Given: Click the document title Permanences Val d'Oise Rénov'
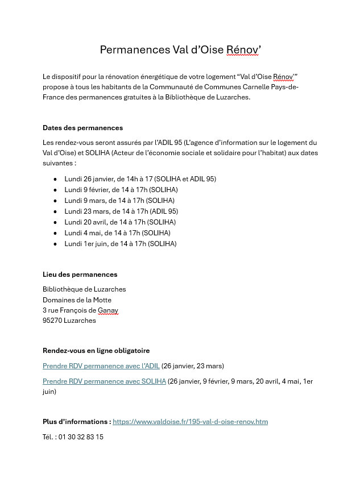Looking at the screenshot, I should [180, 50].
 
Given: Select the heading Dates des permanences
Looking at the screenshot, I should [82, 128].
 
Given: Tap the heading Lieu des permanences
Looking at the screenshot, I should [80, 275].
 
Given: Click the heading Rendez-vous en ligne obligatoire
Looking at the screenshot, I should [96, 351].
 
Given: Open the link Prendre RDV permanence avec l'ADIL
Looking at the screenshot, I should [101, 366].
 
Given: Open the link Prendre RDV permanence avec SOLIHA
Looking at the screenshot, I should [104, 381].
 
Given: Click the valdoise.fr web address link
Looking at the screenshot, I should [190, 422].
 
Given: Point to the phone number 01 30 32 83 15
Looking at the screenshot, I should [81, 437].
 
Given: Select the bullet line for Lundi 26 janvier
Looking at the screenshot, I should [140, 179].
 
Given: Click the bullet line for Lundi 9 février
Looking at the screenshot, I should [121, 190].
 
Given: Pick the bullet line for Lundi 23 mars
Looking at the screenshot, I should [121, 211].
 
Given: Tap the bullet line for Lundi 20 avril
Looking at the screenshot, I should [120, 222].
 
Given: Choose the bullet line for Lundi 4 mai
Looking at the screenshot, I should [117, 233].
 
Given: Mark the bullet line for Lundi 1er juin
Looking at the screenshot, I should [120, 244].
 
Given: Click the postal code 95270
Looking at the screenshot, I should [52, 321].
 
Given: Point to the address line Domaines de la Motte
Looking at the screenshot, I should [77, 300].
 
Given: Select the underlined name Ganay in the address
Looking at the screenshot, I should [108, 310].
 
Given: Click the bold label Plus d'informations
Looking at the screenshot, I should [76, 422].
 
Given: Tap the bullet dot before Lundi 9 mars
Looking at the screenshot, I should [55, 201].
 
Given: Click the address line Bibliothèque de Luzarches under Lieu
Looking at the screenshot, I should [84, 289].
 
